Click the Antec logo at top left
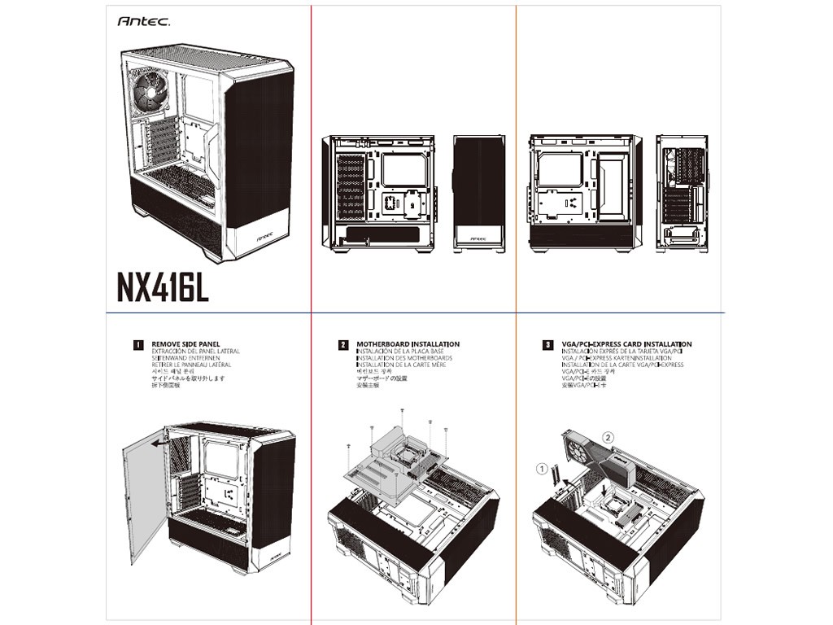[x=143, y=23]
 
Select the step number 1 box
[x=138, y=345]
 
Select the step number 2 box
[x=343, y=345]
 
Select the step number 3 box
[x=548, y=345]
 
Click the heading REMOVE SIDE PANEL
[x=186, y=345]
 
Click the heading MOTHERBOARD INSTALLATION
[x=408, y=345]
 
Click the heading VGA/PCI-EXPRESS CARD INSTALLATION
[x=626, y=345]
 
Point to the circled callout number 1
[x=541, y=469]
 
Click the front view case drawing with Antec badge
[x=479, y=194]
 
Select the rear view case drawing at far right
[x=682, y=194]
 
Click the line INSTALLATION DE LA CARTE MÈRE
[x=401, y=365]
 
